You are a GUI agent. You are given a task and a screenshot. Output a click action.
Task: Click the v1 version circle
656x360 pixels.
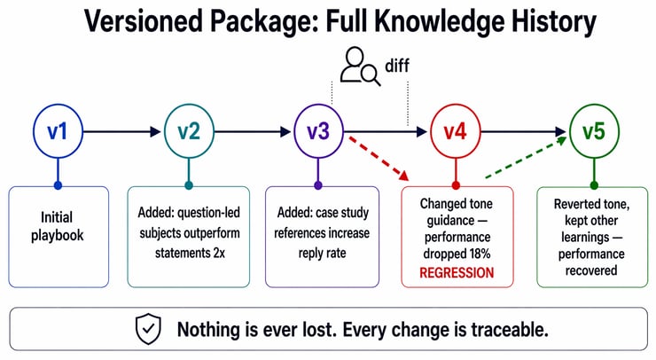pyautogui.click(x=59, y=132)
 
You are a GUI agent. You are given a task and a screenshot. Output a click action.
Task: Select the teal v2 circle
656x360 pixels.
pyautogui.click(x=189, y=132)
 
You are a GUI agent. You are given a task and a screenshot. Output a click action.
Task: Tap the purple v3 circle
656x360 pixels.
pyautogui.click(x=318, y=132)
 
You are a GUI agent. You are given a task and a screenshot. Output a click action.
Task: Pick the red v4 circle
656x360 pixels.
pyautogui.click(x=456, y=132)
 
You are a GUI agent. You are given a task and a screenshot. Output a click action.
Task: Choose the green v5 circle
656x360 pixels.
pyautogui.click(x=594, y=132)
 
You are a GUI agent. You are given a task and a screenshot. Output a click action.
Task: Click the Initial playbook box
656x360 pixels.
pyautogui.click(x=59, y=236)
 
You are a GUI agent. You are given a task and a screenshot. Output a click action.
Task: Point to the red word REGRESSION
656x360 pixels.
pyautogui.click(x=456, y=272)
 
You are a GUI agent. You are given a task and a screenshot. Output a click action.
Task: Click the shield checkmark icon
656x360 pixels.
pyautogui.click(x=147, y=330)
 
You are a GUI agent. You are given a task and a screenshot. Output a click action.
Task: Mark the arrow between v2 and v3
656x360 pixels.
pyautogui.click(x=254, y=132)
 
